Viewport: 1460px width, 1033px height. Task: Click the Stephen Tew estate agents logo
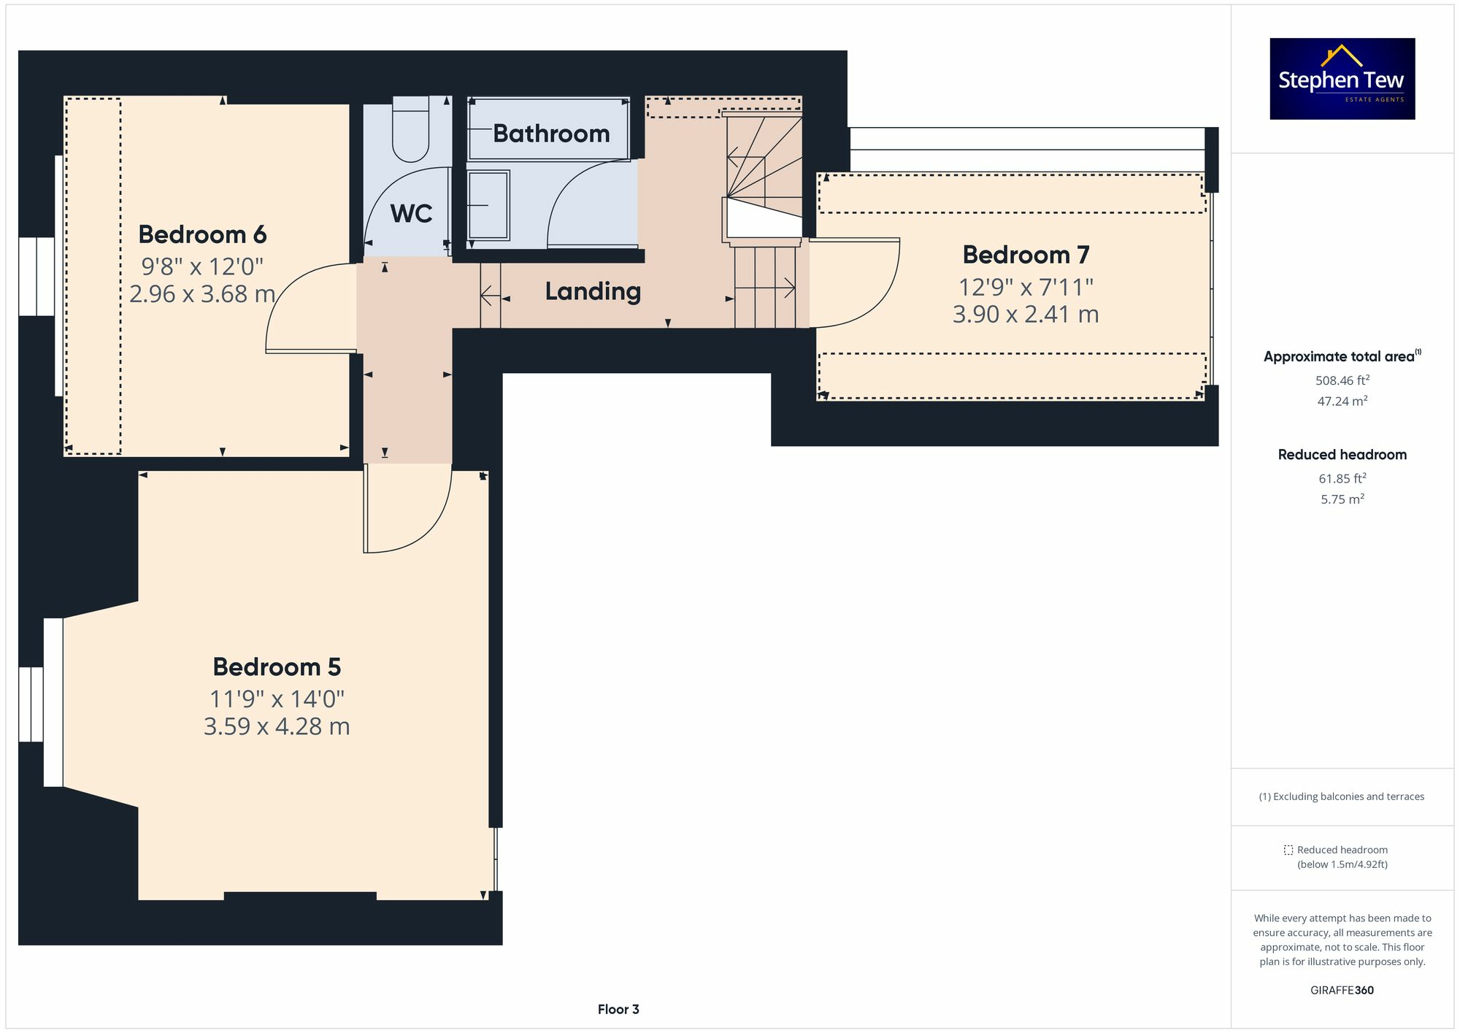tap(1342, 79)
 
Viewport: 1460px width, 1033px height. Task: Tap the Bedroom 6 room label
tap(202, 234)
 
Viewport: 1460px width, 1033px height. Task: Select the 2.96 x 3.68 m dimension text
tap(202, 294)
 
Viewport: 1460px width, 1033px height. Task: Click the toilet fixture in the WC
tap(411, 131)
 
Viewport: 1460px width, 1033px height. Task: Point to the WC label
tap(411, 214)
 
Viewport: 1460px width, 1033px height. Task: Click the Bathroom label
tap(551, 134)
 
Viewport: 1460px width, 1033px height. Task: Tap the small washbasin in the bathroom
tap(488, 205)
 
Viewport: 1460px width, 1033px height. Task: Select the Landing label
tap(593, 291)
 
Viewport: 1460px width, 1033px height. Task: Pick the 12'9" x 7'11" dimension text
tap(1025, 287)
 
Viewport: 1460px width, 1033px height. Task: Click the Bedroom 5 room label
tap(277, 667)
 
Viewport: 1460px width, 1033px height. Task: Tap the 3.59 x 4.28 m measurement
tap(277, 726)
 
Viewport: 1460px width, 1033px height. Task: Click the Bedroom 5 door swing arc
tap(431, 529)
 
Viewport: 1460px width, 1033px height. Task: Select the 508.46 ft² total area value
tap(1342, 380)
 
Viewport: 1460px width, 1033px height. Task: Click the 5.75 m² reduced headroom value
tap(1342, 499)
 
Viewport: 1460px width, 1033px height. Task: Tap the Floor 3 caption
tap(618, 1009)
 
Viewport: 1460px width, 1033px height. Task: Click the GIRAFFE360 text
tap(1342, 990)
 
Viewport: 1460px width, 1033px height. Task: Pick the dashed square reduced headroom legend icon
tap(1288, 850)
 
